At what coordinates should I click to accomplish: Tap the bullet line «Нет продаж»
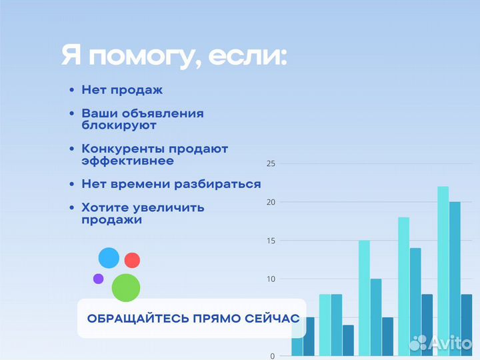coord(122,89)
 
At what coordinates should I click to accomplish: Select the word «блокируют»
coord(119,125)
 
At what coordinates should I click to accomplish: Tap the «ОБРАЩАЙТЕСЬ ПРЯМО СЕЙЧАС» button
coord(193,318)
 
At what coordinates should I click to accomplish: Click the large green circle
coord(126,287)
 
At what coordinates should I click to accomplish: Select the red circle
coord(132,260)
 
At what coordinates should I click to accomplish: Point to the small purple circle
coord(98,279)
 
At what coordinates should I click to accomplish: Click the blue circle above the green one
coord(109,257)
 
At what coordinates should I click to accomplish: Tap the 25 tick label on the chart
coord(271,163)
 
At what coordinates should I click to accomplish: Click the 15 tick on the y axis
coord(271,241)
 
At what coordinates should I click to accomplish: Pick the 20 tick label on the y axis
coord(271,202)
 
